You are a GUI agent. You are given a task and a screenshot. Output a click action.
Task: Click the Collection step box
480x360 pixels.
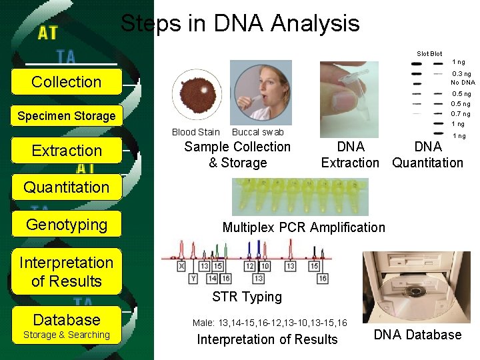coord(67,82)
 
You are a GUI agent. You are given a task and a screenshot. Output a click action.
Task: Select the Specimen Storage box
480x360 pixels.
coord(67,116)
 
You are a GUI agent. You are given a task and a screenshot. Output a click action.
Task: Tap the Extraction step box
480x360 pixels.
coord(67,151)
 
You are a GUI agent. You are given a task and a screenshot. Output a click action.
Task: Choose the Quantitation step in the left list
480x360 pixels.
coord(67,187)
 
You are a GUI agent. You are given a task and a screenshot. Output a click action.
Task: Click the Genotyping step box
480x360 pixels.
coord(67,225)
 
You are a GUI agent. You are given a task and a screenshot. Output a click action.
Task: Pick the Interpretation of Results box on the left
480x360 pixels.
coord(67,272)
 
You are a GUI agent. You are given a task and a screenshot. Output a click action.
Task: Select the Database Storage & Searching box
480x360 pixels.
coord(67,325)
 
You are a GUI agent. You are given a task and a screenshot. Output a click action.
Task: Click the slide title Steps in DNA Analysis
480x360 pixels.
coord(239,24)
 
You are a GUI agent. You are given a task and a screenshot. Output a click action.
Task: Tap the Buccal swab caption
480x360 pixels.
coord(257,132)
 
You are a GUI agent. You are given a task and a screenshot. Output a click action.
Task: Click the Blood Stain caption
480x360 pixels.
coord(195,132)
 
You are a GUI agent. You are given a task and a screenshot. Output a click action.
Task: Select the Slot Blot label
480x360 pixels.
coord(429,53)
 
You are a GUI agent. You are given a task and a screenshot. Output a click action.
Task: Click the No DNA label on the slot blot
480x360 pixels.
coord(463,83)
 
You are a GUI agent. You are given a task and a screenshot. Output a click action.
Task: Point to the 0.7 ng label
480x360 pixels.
coord(461,114)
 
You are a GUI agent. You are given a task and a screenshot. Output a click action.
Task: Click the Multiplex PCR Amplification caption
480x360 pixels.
coord(303,227)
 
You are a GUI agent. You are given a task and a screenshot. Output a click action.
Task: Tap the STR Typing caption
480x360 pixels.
coord(247,297)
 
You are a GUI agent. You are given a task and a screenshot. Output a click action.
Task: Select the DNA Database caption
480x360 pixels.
coord(417,335)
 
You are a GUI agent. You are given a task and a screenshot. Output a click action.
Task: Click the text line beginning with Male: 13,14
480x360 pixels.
coord(269,323)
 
